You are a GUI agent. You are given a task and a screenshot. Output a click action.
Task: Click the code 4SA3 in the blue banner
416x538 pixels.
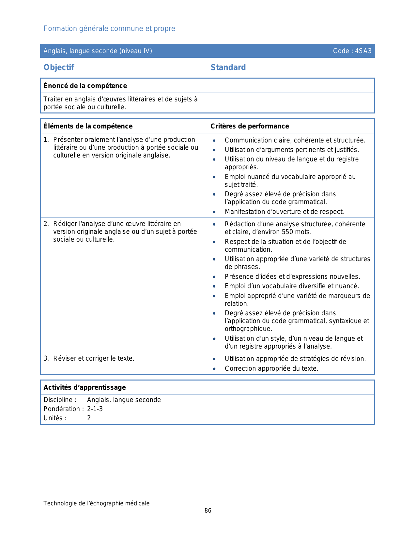(x=363, y=51)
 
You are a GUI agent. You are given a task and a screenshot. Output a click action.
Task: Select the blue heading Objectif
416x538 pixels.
(x=59, y=67)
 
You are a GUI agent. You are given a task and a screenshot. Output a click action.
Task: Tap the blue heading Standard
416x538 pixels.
(x=228, y=67)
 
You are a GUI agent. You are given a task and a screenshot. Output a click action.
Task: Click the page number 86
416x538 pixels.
(x=208, y=511)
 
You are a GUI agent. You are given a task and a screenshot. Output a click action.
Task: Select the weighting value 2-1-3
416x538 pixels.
(x=95, y=409)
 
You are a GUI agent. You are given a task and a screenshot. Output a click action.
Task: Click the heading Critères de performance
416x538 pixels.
(x=250, y=126)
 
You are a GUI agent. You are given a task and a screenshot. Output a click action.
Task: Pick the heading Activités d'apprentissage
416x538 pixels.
(x=85, y=387)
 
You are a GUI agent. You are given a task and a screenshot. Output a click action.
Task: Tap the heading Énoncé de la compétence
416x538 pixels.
(x=85, y=86)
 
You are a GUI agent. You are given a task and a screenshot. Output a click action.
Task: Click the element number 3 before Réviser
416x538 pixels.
(x=46, y=359)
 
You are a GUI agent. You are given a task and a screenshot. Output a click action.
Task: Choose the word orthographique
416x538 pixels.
(x=248, y=329)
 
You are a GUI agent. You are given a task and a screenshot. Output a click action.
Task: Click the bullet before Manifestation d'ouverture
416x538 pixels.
(x=214, y=212)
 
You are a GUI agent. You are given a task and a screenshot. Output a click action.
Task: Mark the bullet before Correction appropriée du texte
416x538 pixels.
(x=214, y=369)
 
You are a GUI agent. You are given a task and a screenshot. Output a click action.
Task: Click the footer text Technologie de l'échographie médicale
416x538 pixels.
(x=97, y=503)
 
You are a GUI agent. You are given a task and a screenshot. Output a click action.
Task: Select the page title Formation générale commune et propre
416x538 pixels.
(x=109, y=29)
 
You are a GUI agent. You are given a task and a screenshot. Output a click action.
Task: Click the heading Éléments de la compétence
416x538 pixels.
(x=88, y=126)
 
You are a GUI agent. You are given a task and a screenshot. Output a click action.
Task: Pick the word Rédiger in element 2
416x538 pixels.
(x=64, y=224)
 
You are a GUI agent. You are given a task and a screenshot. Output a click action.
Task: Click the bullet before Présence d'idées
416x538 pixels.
(x=214, y=277)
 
